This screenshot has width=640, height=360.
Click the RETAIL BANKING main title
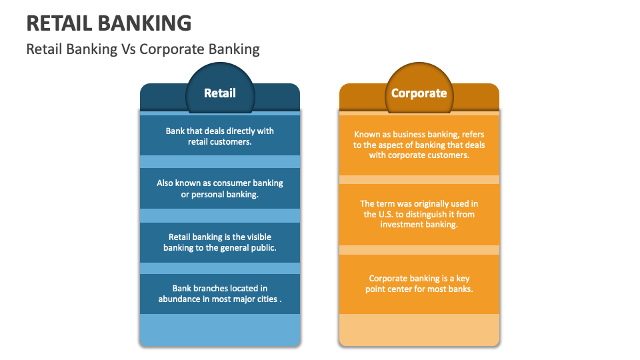109,23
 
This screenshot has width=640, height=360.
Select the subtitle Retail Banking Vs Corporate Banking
143,49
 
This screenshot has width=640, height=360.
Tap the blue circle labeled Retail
220,93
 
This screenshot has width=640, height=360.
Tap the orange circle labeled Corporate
419,93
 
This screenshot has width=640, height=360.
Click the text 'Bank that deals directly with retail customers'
220,137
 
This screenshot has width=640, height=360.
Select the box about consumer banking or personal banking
220,189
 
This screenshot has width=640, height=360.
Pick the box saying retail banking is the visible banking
220,242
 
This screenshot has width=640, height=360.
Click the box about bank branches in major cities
220,294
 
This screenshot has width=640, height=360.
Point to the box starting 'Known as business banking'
419,144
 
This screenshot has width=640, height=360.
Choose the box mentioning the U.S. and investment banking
419,214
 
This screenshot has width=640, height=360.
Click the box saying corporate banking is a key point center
419,284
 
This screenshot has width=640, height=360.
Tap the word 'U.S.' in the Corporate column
371,215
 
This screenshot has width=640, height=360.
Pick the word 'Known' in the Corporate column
367,134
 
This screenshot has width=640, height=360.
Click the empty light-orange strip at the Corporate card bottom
419,329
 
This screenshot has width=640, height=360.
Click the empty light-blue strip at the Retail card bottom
220,329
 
